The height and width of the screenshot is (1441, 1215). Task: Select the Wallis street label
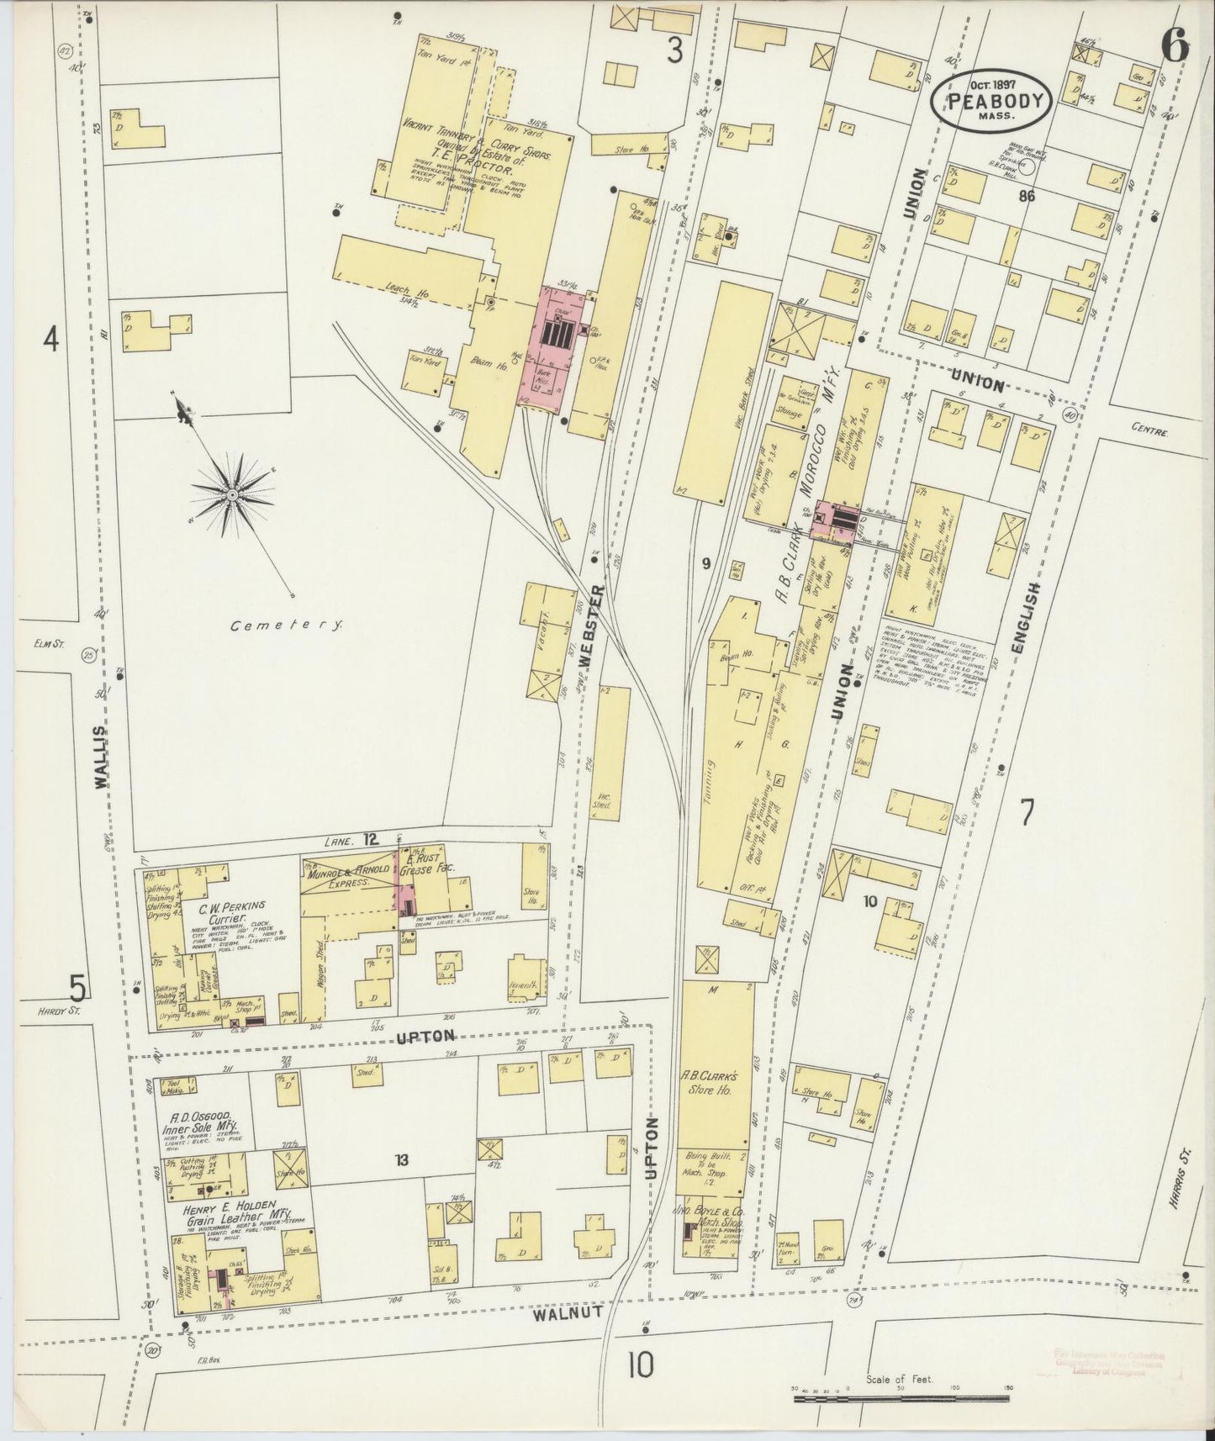pyautogui.click(x=102, y=757)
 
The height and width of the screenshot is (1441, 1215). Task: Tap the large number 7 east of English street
pyautogui.click(x=1027, y=813)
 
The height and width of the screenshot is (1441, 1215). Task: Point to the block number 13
pyautogui.click(x=402, y=1161)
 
